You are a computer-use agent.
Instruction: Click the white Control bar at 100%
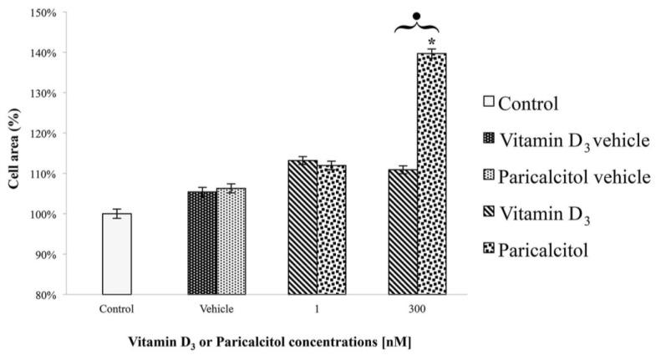click(x=116, y=254)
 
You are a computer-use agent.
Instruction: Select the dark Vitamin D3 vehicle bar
click(x=202, y=243)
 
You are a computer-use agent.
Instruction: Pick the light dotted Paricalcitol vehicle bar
click(x=231, y=241)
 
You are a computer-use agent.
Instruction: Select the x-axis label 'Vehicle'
click(x=216, y=308)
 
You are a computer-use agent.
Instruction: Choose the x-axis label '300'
click(x=417, y=308)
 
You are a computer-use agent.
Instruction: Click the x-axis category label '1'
click(x=317, y=308)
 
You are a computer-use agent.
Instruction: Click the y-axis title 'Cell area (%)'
click(x=13, y=154)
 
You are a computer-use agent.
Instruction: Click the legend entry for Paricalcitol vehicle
click(x=566, y=176)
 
